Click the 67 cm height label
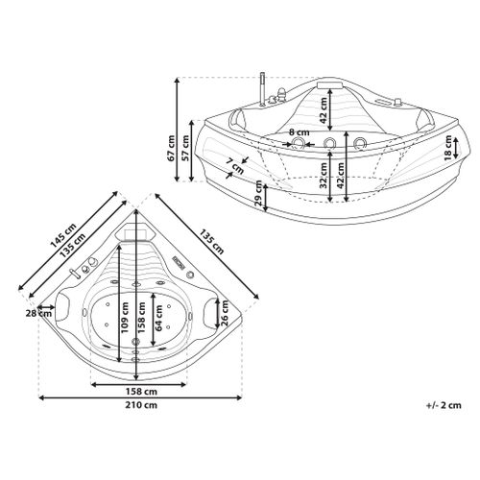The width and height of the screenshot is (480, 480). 171,148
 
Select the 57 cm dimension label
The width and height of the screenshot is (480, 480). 185,148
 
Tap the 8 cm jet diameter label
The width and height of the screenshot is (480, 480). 300,132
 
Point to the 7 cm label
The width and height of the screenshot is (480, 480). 234,165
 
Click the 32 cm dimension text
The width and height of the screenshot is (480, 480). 324,175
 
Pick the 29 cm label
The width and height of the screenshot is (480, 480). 258,194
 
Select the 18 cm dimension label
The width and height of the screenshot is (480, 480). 448,148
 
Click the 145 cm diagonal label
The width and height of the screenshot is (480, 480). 63,235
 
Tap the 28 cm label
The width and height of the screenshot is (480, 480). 38,313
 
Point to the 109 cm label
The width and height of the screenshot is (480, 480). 125,318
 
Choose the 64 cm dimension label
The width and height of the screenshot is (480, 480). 159,318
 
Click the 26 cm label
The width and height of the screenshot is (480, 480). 225,312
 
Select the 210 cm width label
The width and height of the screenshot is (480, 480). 140,405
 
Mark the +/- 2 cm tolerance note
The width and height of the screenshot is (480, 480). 444,405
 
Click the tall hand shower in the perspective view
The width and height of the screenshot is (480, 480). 262,89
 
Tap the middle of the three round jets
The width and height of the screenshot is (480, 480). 329,143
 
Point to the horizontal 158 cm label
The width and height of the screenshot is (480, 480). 140,391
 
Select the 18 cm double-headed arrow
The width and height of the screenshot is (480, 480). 456,148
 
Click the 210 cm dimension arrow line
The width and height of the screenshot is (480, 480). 140,397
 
